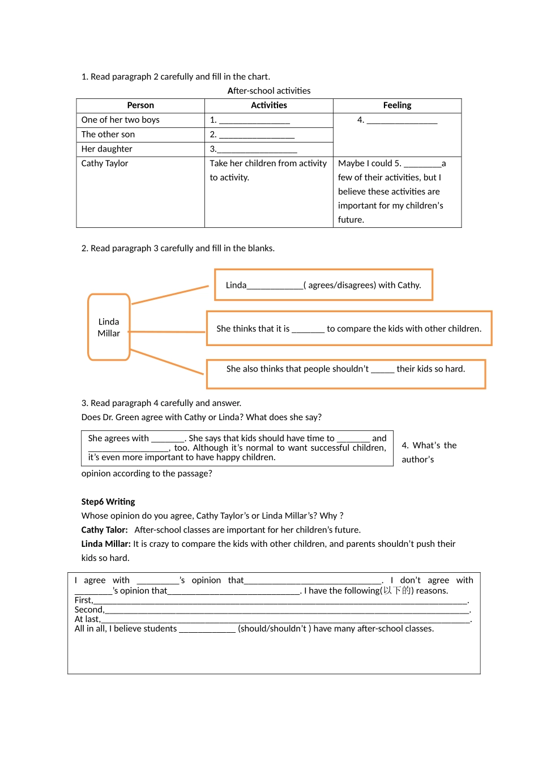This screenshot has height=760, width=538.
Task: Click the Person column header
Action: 140,105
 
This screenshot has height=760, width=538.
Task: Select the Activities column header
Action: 269,105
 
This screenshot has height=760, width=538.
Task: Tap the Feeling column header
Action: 397,105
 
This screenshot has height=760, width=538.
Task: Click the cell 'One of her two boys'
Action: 121,120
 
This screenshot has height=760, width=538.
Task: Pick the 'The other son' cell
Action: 108,135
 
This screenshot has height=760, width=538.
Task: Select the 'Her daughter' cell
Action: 107,149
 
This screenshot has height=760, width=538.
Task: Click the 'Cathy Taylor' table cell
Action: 105,163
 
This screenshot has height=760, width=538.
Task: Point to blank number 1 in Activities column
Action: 254,120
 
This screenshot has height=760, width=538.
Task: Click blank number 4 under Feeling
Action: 402,120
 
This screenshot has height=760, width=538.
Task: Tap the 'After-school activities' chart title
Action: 269,90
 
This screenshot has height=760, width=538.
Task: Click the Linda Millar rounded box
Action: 109,327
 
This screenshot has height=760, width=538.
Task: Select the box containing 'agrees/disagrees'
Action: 323,285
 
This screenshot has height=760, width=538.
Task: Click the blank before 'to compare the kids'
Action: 308,330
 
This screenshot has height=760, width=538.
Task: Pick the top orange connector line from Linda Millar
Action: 170,295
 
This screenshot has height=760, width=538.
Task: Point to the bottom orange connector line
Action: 167,362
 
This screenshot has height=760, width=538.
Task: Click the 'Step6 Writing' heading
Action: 108,502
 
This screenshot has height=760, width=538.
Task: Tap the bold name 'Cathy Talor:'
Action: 105,530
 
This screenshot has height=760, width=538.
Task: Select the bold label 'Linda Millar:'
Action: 106,544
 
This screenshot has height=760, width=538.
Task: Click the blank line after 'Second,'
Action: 287,611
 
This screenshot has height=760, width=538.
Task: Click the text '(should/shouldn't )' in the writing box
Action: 274,629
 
